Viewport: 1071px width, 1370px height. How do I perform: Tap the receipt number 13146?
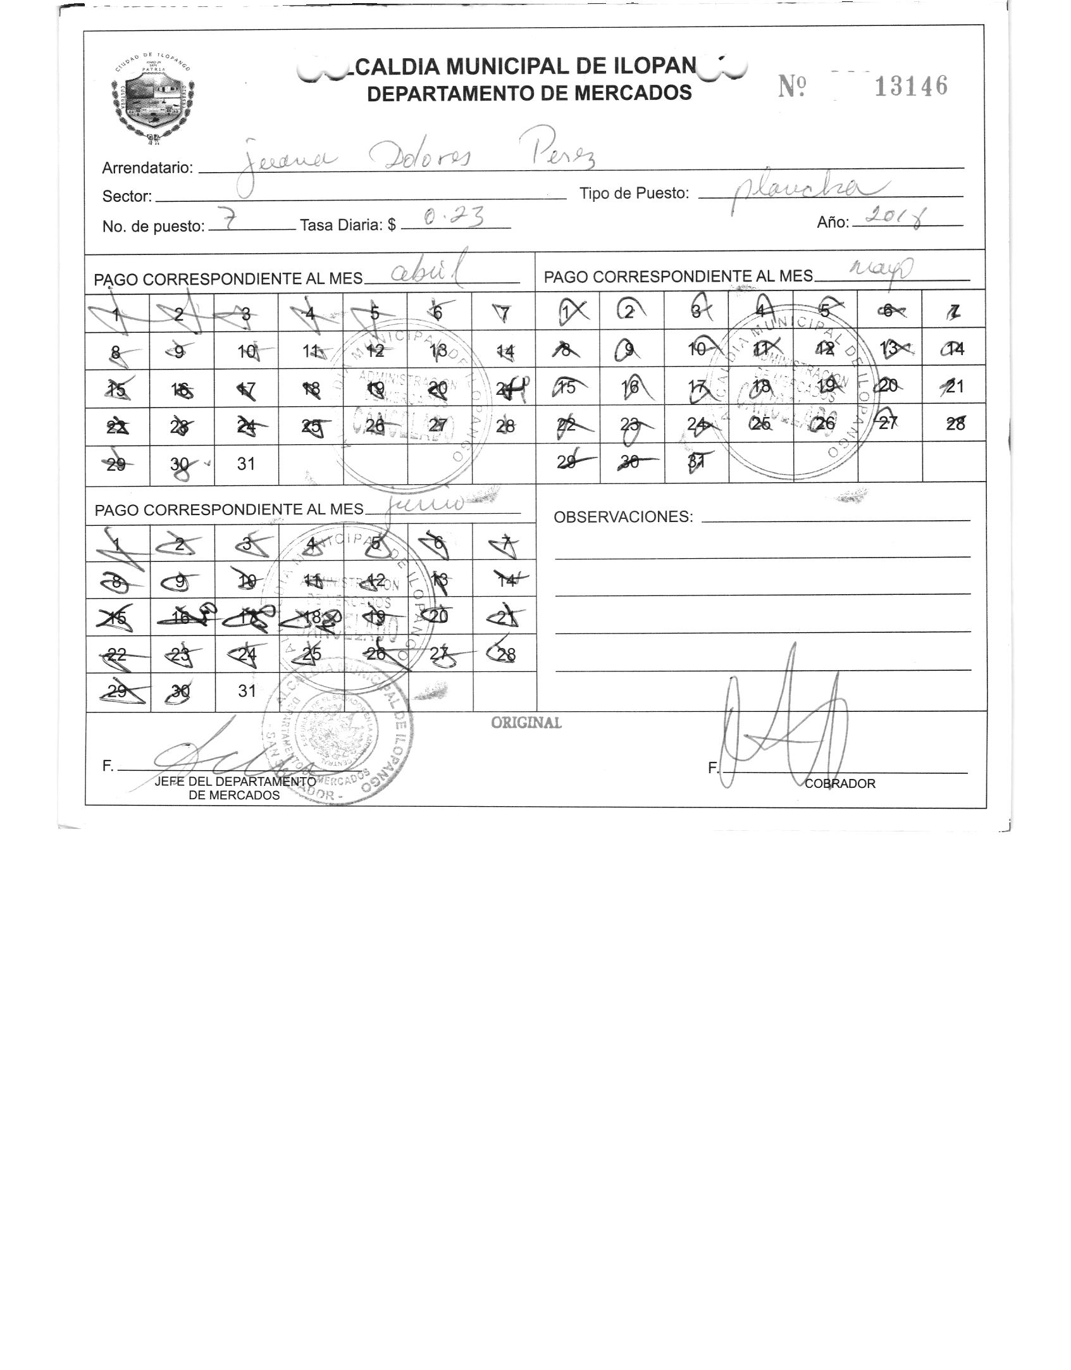(x=911, y=87)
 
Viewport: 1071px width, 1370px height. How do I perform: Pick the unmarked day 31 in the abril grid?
(x=246, y=464)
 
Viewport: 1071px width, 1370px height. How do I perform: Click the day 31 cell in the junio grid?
(x=247, y=691)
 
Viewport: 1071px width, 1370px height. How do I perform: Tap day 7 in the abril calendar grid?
(x=504, y=313)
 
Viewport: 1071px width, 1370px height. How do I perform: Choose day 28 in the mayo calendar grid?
(x=955, y=423)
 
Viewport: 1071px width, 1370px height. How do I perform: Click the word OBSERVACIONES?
(x=623, y=517)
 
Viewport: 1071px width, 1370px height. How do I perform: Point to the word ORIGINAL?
(x=526, y=723)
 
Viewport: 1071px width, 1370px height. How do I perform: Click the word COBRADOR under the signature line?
(x=840, y=783)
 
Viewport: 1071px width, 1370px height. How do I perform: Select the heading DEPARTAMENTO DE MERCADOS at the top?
(x=529, y=94)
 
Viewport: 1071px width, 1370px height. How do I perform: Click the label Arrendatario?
(x=147, y=168)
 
